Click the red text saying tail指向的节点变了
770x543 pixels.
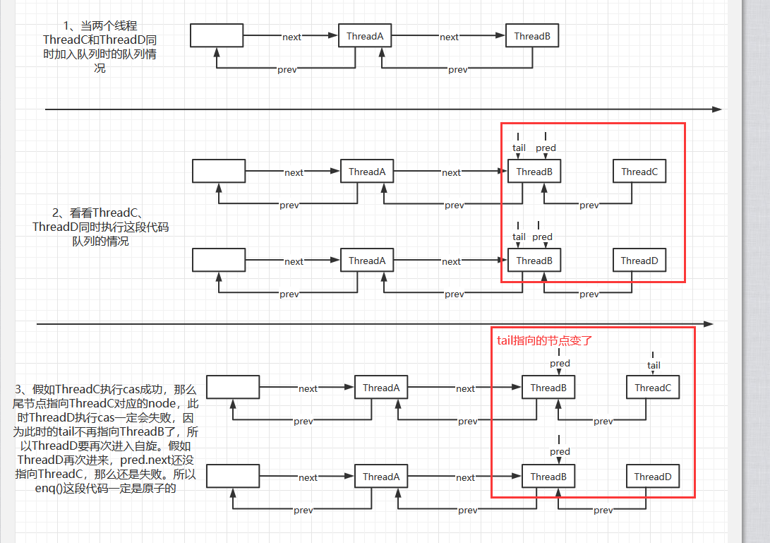click(544, 340)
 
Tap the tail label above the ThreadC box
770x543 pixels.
click(654, 365)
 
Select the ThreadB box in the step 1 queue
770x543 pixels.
click(532, 36)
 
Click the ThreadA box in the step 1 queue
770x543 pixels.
click(365, 36)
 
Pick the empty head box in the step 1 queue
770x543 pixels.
click(217, 36)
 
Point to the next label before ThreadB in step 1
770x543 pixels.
click(449, 37)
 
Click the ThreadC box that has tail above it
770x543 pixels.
click(652, 388)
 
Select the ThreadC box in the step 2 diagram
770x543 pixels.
click(639, 172)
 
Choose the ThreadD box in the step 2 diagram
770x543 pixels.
click(639, 261)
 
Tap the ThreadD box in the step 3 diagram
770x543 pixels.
click(652, 477)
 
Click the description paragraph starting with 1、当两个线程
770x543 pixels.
click(100, 47)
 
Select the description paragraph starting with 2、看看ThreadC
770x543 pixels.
click(100, 227)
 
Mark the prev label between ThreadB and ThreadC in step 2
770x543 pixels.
click(589, 205)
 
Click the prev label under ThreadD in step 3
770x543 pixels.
click(603, 510)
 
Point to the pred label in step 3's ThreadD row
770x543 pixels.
click(560, 452)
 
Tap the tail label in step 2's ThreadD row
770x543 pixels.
click(519, 237)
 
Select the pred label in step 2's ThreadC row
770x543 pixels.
click(546, 148)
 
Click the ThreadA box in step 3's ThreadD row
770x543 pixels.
click(381, 477)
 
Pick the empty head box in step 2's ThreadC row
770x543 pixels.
click(219, 172)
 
